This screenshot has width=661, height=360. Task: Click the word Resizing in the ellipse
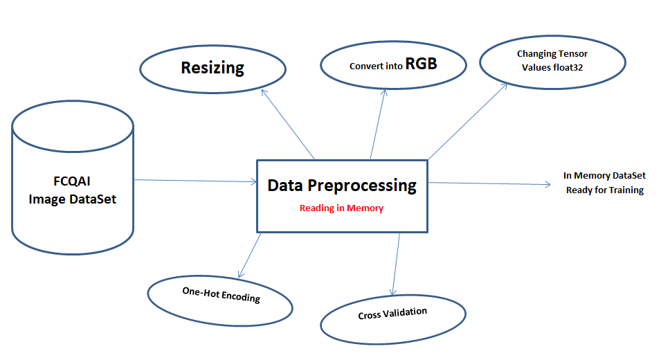coord(212,68)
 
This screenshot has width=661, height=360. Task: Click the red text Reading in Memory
coord(341,208)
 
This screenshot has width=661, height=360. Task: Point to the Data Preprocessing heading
coord(342,186)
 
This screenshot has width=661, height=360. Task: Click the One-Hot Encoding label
coord(221,294)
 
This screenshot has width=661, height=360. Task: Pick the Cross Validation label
coord(392,314)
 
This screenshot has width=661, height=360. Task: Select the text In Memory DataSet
coord(604,176)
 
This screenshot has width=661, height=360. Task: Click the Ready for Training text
coord(604,190)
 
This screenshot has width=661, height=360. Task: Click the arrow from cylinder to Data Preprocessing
coord(194,181)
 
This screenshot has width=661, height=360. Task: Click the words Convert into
coord(376,66)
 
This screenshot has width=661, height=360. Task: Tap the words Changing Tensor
coord(552,53)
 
